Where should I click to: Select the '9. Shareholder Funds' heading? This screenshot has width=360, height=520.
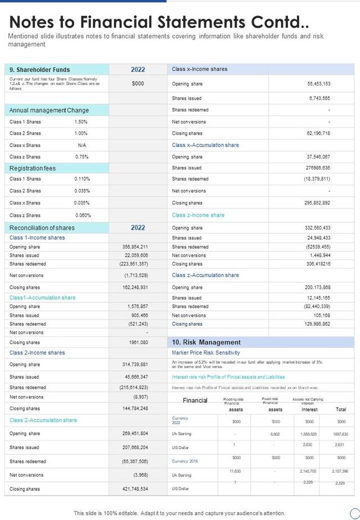tap(39, 70)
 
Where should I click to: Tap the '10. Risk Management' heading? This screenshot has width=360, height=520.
tap(206, 342)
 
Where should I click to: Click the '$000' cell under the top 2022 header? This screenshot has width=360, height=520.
tap(138, 83)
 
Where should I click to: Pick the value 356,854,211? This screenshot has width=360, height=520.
tap(135, 246)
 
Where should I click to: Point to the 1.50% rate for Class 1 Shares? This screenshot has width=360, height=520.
tap(81, 122)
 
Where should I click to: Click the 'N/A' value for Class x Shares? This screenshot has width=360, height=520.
tap(82, 145)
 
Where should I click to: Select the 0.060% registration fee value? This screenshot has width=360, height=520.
tap(83, 215)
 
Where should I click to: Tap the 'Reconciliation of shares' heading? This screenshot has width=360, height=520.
tap(42, 228)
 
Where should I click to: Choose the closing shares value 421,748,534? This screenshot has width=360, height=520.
tap(135, 489)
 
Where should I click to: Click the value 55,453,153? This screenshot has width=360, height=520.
tap(318, 83)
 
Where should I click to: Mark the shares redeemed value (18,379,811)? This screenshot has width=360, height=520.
tap(317, 179)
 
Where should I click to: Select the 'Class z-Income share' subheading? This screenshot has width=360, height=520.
tap(198, 215)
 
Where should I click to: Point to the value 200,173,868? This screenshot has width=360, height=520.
tap(318, 288)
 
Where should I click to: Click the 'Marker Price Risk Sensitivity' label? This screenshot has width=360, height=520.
tap(206, 353)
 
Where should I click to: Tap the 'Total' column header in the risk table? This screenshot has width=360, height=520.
tap(341, 409)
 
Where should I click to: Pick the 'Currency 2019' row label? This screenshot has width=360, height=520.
tap(184, 461)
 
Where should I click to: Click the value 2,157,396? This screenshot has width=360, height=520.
tap(340, 471)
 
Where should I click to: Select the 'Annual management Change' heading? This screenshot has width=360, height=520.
tap(49, 110)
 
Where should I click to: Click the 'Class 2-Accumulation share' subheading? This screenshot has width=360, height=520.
tap(43, 420)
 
